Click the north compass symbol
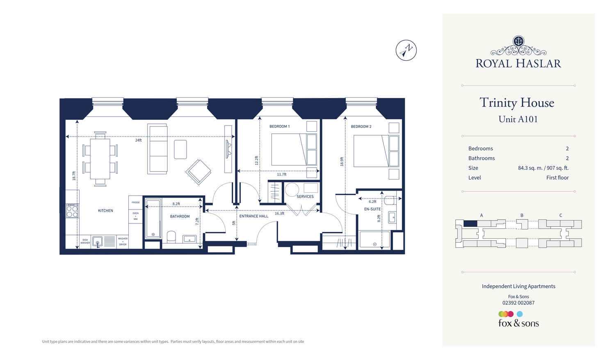point(406,50)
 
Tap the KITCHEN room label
point(105,211)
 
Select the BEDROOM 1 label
point(279,126)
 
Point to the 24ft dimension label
point(139,140)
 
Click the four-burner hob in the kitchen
point(72,211)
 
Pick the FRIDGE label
point(135,203)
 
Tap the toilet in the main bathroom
point(171,237)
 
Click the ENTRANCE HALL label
point(253,216)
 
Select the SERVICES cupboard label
point(305,197)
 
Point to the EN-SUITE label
point(372,209)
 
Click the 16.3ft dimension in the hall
point(279,214)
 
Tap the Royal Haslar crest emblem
point(518,41)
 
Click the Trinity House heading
point(517,103)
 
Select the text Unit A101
point(518,119)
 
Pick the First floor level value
point(557,178)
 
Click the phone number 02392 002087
point(518,303)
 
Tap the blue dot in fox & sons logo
point(520,314)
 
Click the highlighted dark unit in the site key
point(470,223)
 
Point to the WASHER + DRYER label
point(123,242)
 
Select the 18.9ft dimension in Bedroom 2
point(342,162)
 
